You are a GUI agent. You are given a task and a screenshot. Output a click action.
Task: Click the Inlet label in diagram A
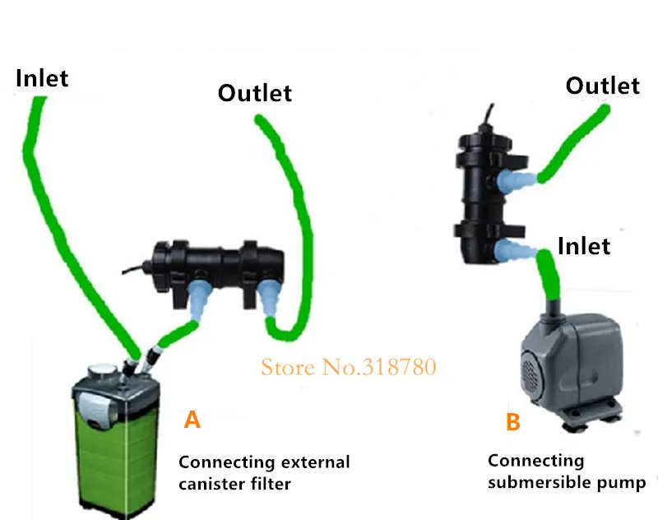point(42,78)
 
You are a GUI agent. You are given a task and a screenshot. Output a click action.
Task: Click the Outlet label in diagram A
point(254,93)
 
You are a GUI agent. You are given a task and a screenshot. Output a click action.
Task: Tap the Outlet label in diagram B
point(602,86)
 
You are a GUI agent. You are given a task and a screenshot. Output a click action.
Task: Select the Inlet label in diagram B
point(584,245)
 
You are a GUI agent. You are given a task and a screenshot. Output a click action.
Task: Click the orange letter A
point(192,420)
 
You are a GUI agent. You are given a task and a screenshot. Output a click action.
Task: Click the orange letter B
point(512,422)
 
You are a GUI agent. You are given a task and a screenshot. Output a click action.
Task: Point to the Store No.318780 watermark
point(348,366)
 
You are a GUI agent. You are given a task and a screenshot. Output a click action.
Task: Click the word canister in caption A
point(209,484)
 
